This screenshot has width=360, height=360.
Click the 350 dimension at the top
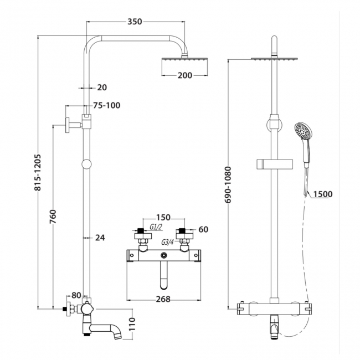pyautogui.click(x=135, y=22)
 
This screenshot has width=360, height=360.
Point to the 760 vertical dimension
pyautogui.click(x=53, y=215)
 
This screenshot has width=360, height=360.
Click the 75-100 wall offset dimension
pyautogui.click(x=106, y=105)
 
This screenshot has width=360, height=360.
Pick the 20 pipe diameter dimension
pyautogui.click(x=101, y=87)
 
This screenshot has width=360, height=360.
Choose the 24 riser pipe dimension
pyautogui.click(x=100, y=238)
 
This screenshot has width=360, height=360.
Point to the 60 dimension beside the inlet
pyautogui.click(x=203, y=229)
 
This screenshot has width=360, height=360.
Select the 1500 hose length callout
pyautogui.click(x=322, y=194)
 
